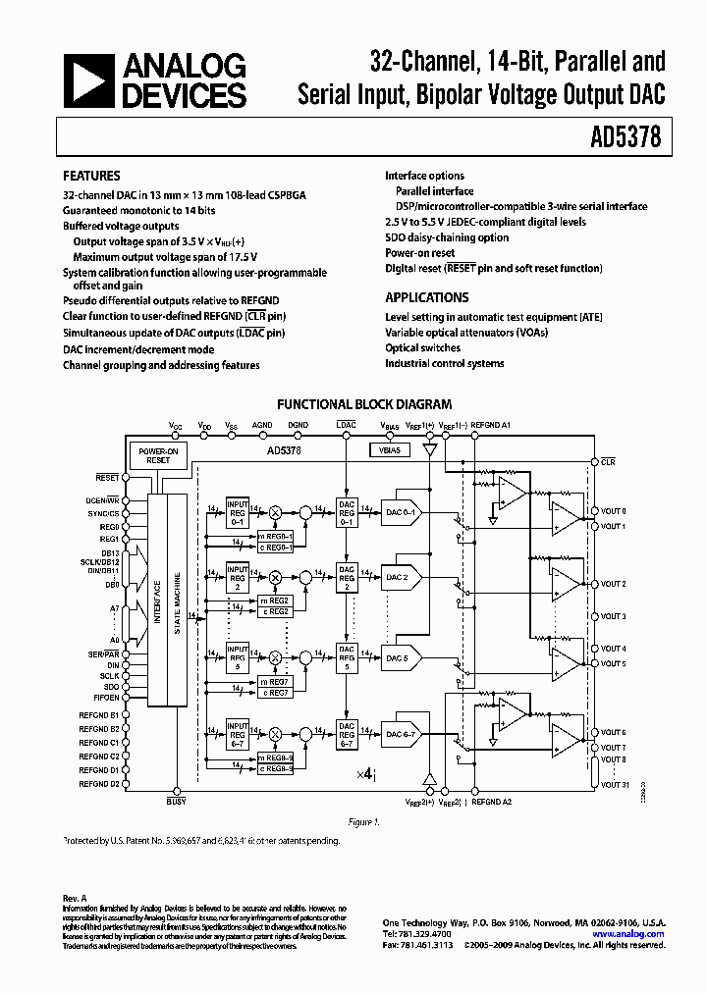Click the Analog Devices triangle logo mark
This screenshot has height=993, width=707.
coord(87,81)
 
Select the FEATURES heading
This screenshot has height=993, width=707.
coord(91,176)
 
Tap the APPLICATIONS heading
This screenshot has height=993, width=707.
coord(426,297)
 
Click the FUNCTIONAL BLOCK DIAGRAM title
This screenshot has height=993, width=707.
coord(364,403)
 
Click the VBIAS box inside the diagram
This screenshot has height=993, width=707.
coord(390,448)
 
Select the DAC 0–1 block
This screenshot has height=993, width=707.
coord(401,511)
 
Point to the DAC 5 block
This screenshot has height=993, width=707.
coord(397,656)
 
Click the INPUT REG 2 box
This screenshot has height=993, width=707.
coord(238,575)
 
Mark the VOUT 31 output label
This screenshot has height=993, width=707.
coord(614,783)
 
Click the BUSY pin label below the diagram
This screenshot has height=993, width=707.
coord(177,802)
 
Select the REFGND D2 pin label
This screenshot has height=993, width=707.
coord(100,784)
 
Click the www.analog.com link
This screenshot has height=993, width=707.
coord(634,934)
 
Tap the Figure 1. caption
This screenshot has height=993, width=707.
coord(363,822)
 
